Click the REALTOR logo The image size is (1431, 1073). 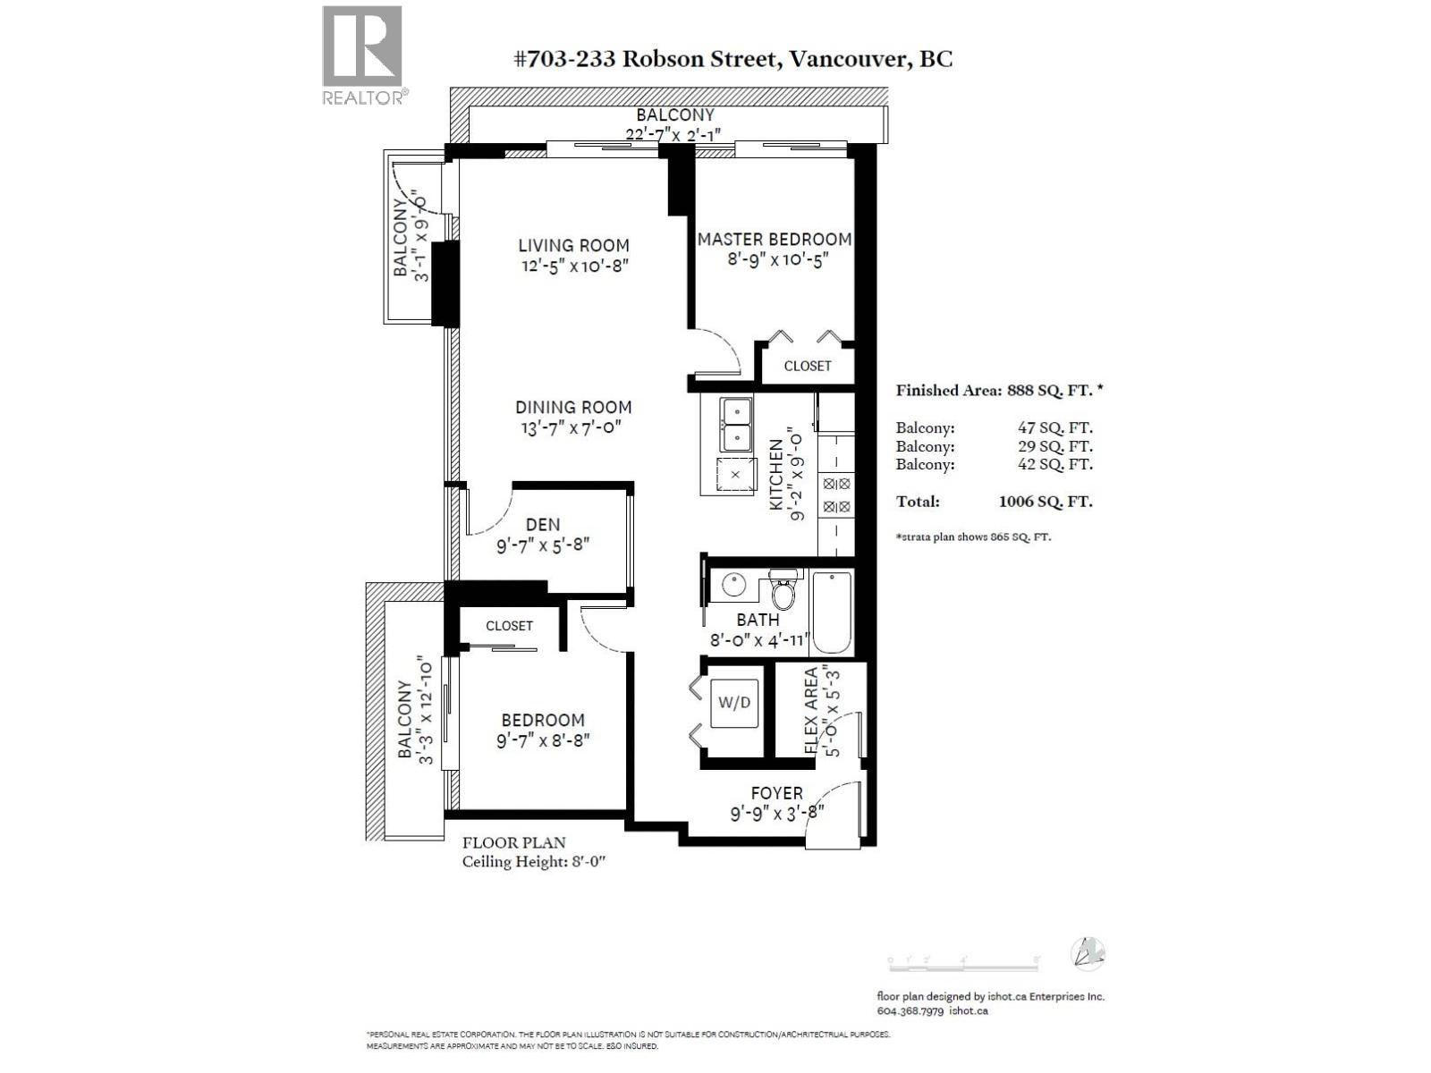click(x=362, y=55)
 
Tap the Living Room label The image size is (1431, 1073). click(x=573, y=245)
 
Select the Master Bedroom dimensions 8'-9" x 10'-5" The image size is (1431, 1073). click(x=774, y=260)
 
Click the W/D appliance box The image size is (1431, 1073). click(x=734, y=703)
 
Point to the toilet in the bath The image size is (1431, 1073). click(x=783, y=588)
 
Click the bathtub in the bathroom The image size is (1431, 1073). click(x=832, y=613)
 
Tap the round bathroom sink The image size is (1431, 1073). click(x=733, y=586)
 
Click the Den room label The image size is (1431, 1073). click(x=542, y=525)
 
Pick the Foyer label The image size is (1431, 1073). click(x=776, y=793)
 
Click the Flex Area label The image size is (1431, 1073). click(x=811, y=711)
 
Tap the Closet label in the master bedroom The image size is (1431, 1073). click(x=808, y=366)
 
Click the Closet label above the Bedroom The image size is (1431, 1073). click(x=509, y=626)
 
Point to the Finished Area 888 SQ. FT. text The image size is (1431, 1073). click(x=998, y=391)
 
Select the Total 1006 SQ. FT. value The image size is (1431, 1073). click(x=1045, y=502)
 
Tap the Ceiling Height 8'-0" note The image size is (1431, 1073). click(x=535, y=862)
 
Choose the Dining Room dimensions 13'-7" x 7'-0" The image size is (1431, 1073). click(x=572, y=428)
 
